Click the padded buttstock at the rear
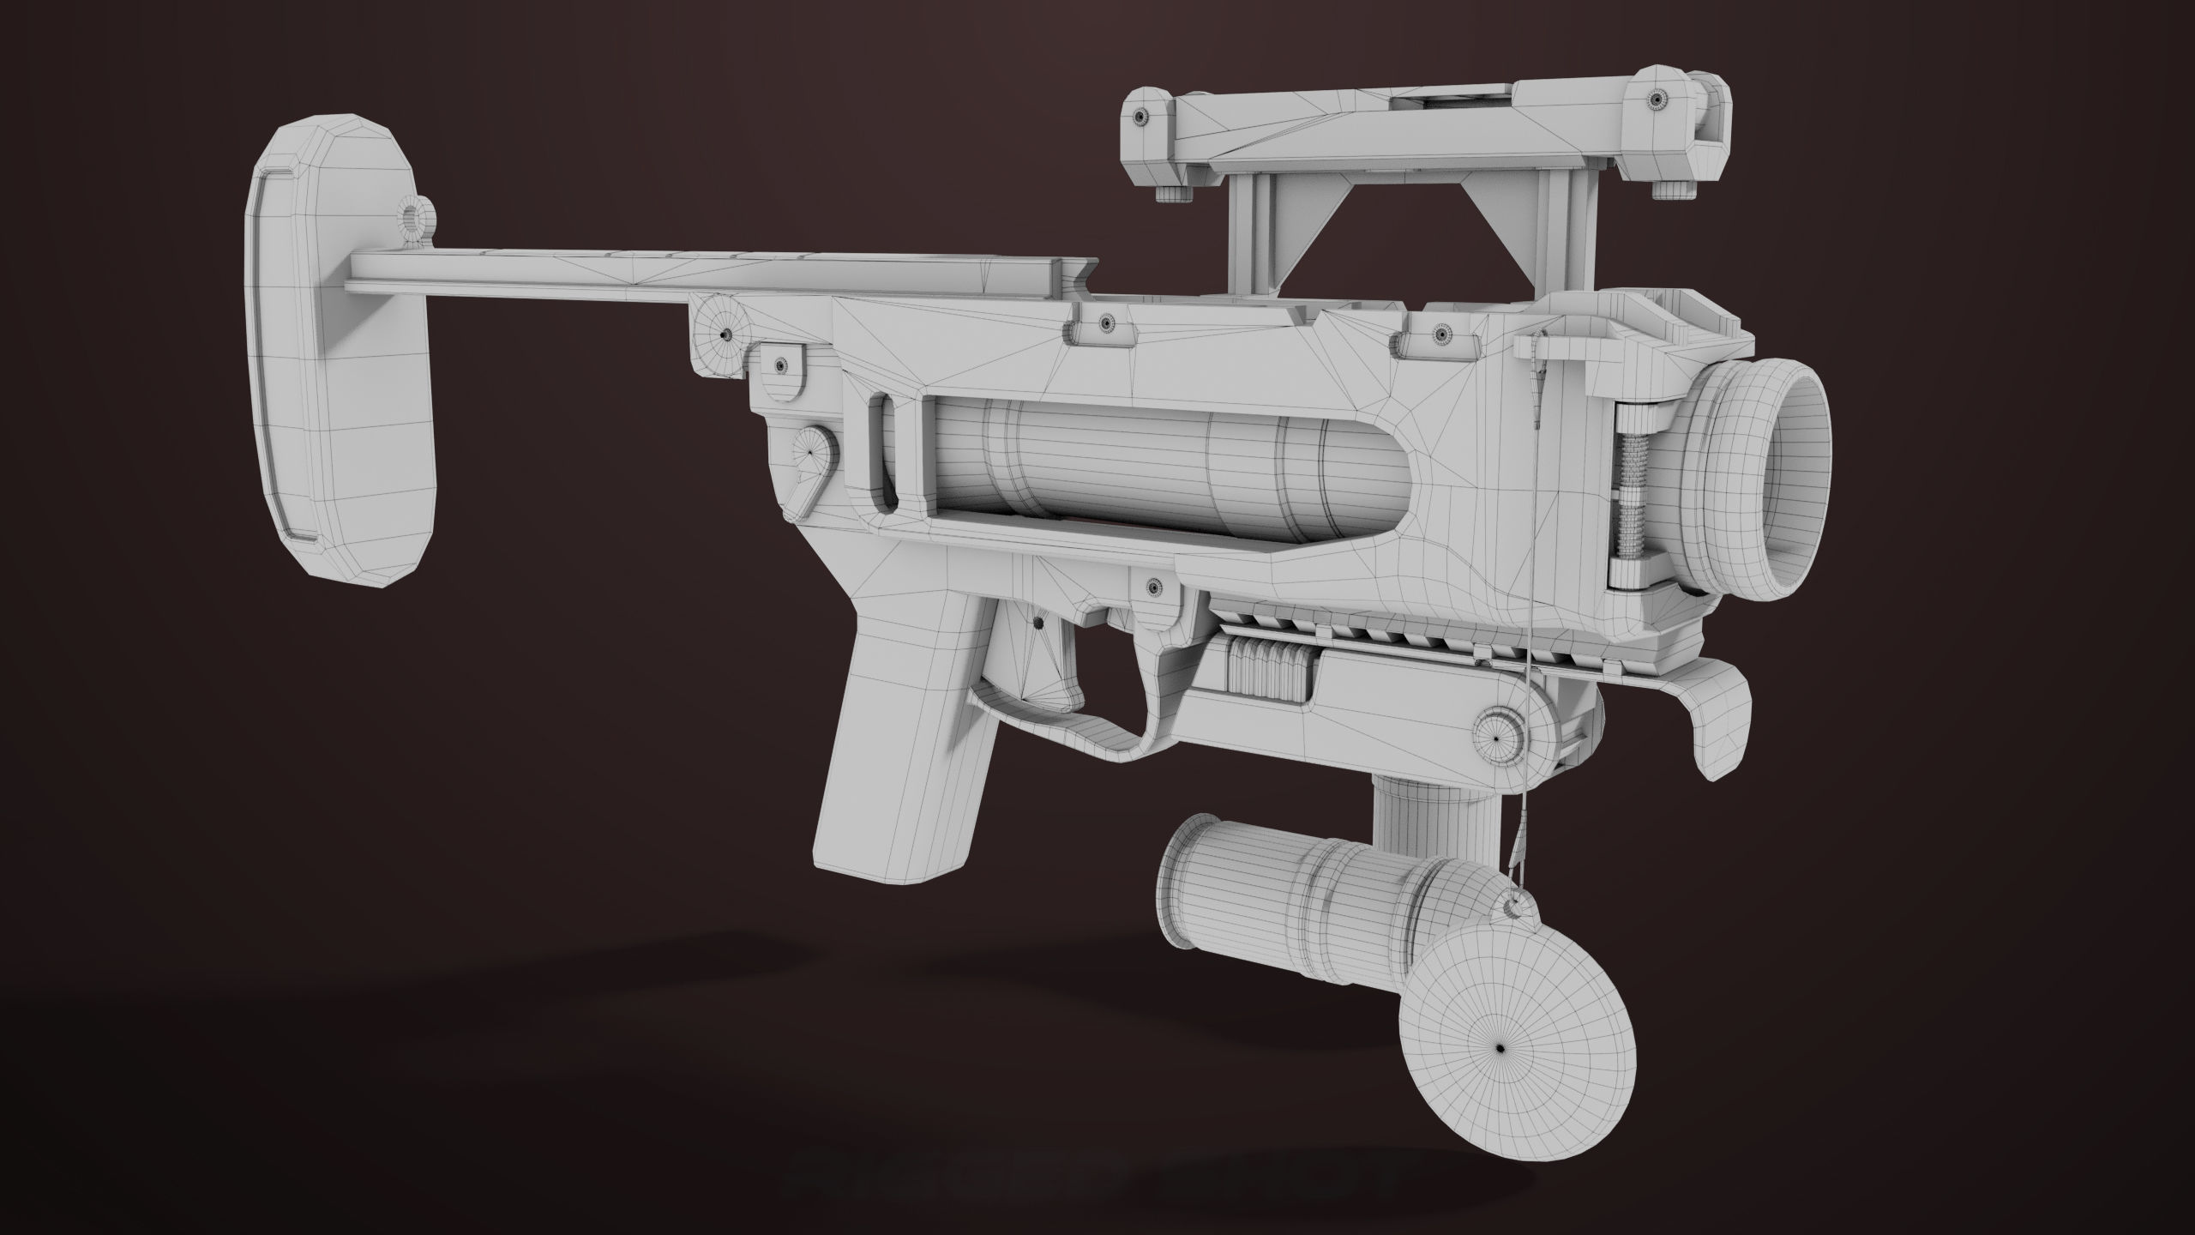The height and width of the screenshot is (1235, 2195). point(343,360)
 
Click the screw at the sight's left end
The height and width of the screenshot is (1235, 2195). point(1140,115)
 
